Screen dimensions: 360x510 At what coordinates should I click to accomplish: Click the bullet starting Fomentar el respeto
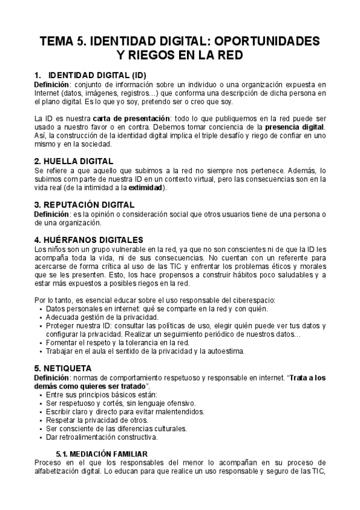126,342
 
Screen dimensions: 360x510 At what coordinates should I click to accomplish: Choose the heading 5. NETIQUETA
63,368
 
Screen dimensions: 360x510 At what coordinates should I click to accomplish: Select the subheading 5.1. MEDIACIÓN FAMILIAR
102,453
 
